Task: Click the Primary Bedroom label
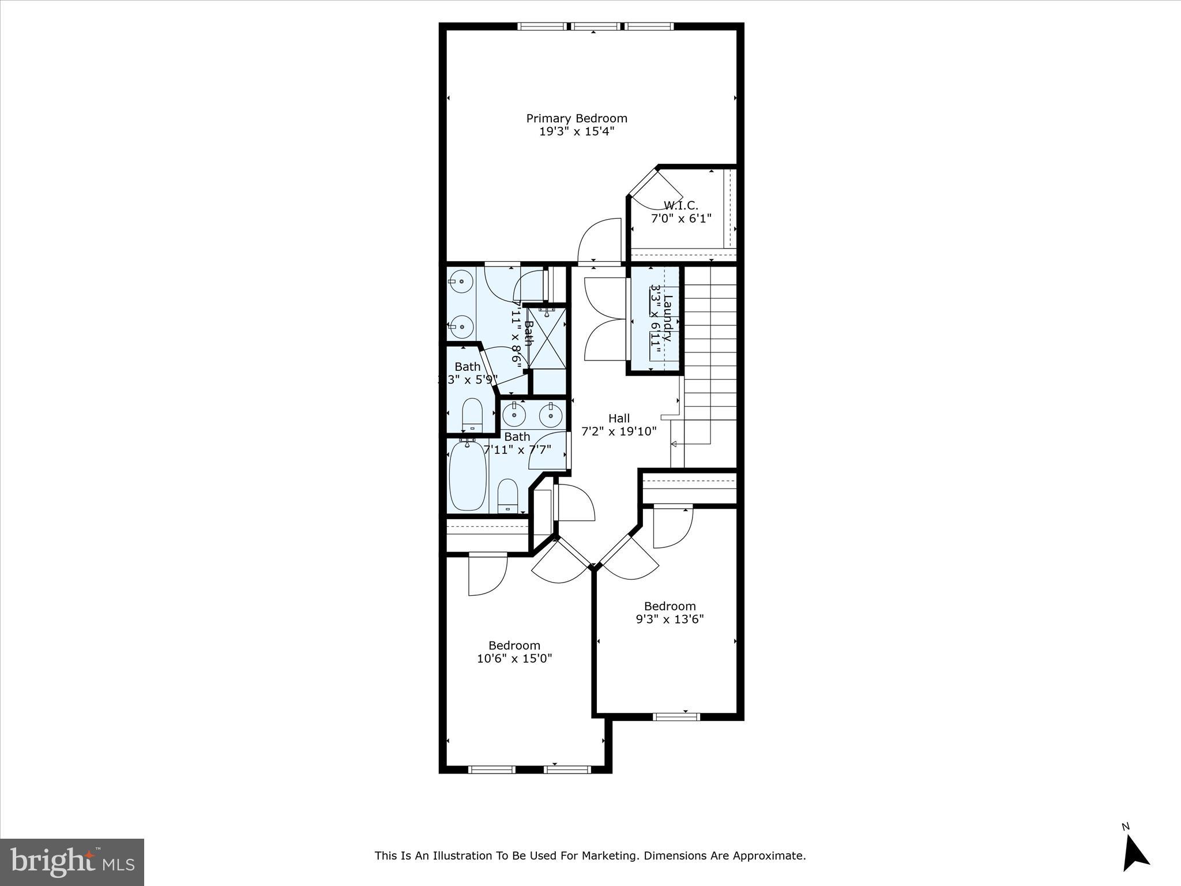click(x=576, y=118)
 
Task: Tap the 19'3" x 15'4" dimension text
click(x=576, y=132)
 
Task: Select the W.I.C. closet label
click(x=680, y=205)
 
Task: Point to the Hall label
click(x=619, y=418)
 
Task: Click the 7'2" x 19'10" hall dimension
click(x=618, y=431)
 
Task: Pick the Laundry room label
click(x=668, y=318)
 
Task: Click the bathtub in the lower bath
click(x=467, y=476)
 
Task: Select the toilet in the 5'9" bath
click(x=472, y=414)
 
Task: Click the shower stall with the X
click(x=547, y=337)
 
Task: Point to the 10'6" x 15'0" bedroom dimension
click(x=514, y=659)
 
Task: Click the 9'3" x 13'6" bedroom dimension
click(x=670, y=620)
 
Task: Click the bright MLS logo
click(x=72, y=862)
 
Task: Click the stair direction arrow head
click(x=674, y=444)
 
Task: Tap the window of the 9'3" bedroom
click(x=676, y=717)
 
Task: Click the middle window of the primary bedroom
click(x=595, y=26)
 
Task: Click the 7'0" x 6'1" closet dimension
click(x=681, y=219)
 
